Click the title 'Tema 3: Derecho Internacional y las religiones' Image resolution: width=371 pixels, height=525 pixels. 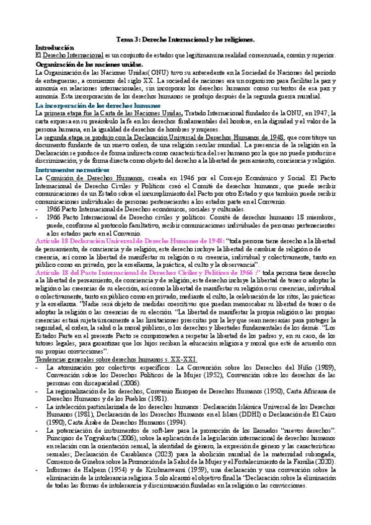pos(185,39)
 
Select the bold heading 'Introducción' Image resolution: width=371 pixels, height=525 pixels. pos(54,48)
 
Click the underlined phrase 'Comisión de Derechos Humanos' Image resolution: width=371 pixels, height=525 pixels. pos(85,178)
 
